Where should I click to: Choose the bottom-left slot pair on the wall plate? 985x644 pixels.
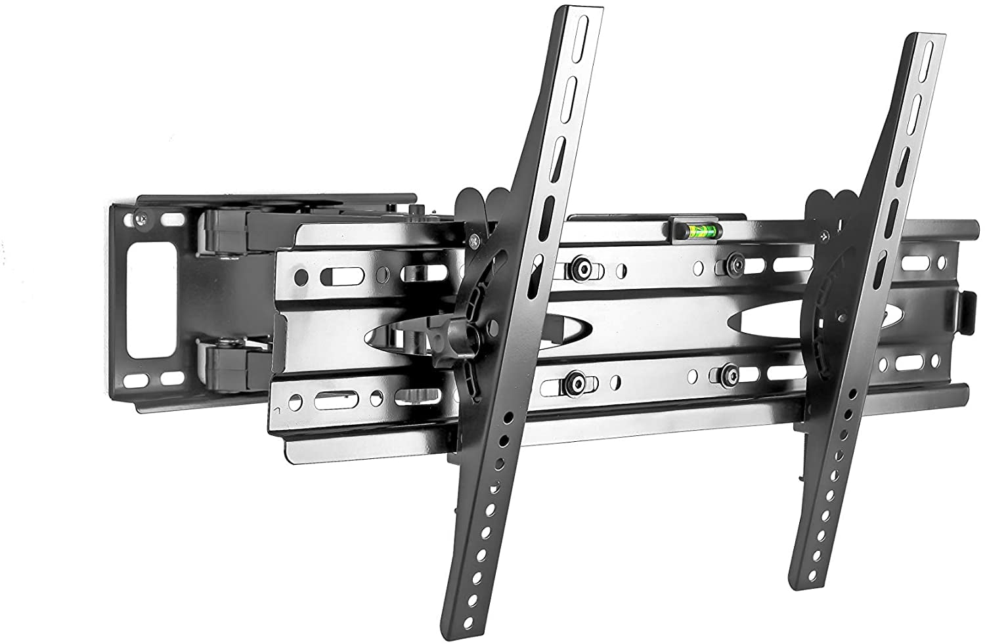coord(156,379)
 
